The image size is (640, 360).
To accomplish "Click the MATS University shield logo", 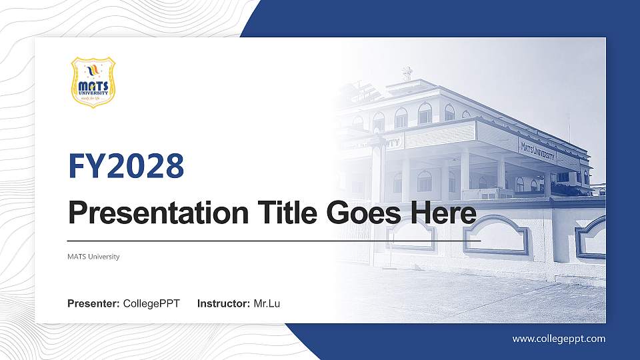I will [93, 82].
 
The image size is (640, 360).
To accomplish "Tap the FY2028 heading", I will [126, 166].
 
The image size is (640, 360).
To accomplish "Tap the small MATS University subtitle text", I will [93, 257].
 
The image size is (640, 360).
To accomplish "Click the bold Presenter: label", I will [93, 304].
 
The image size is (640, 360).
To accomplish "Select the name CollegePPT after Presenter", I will [152, 304].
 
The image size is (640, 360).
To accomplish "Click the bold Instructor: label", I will [224, 304].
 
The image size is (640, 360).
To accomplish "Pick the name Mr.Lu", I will [267, 304].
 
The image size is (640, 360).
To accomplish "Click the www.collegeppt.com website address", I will [559, 339].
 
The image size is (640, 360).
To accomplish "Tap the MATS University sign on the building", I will [537, 149].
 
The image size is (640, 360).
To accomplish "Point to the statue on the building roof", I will [407, 73].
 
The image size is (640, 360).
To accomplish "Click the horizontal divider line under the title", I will [274, 240].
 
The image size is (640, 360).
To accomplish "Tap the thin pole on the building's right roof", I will [569, 127].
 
